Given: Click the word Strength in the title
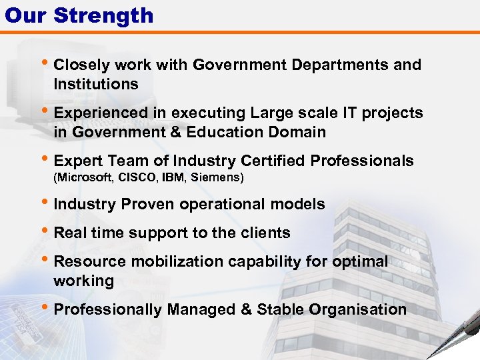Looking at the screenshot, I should point(103,15).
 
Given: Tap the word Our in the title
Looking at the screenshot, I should point(26,15).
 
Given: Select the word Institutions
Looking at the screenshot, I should point(96,84).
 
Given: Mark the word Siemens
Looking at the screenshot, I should point(216,177).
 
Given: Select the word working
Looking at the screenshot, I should point(84,281).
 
